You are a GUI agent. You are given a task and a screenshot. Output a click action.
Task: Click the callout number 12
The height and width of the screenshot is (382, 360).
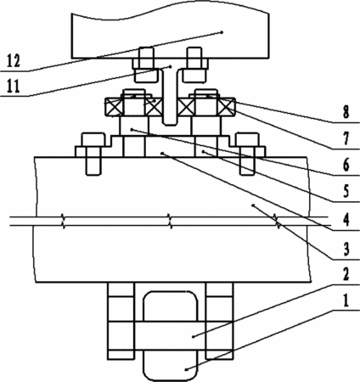tap(14, 61)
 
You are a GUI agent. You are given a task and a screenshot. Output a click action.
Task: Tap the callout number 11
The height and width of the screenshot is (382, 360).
tap(14, 86)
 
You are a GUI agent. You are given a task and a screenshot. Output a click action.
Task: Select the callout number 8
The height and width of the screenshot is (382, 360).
tap(346, 112)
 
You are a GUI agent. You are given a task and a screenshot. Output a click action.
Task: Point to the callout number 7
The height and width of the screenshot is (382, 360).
tap(346, 138)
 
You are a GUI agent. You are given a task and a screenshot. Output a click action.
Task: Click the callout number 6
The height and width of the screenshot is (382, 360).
tap(346, 166)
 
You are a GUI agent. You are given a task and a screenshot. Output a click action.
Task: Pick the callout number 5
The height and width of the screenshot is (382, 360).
tap(346, 191)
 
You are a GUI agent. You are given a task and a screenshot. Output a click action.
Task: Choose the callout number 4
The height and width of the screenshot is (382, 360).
tap(346, 220)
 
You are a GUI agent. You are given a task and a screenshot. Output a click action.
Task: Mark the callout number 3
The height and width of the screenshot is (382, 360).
tap(346, 249)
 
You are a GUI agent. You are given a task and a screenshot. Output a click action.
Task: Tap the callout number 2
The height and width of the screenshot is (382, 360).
tap(346, 274)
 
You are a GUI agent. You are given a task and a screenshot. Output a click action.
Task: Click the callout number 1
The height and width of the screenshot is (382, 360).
tap(346, 301)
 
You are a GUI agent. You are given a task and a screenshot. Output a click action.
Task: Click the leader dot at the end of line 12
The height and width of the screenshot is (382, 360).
tap(222, 32)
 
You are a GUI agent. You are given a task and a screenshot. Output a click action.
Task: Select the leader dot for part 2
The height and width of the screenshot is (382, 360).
tap(193, 336)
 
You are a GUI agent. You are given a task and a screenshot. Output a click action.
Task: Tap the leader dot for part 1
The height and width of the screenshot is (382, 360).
tap(186, 369)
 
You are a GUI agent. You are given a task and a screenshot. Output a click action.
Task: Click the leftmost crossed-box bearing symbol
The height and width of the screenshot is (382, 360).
tap(114, 107)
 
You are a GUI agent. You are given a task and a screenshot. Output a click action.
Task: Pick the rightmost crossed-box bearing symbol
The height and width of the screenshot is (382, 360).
tap(226, 107)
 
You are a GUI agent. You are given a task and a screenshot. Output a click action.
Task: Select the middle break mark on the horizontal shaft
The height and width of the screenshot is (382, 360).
tap(170, 222)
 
